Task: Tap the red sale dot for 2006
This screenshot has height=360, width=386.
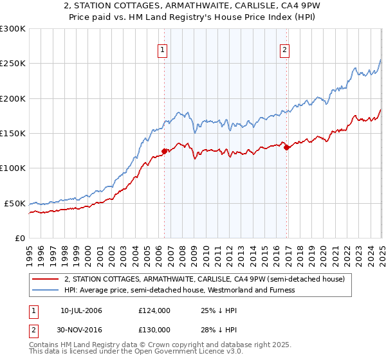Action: [164, 152]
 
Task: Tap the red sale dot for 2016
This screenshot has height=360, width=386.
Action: [286, 147]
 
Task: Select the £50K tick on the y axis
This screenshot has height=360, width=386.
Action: [15, 203]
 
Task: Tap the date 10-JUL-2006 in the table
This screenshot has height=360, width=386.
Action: [81, 310]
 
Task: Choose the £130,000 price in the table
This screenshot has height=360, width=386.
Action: [154, 329]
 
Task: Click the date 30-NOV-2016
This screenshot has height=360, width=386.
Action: [82, 329]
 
